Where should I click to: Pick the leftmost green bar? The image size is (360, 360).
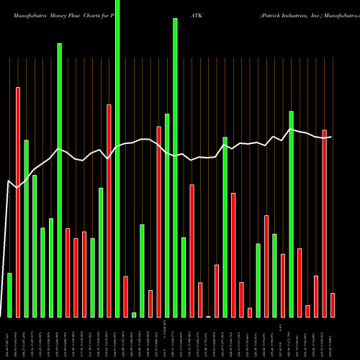pos(9,294)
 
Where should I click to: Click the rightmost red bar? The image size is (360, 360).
pos(333,305)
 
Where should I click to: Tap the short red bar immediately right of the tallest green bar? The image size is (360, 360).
pos(125,296)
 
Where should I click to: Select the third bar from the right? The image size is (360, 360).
pos(316,296)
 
